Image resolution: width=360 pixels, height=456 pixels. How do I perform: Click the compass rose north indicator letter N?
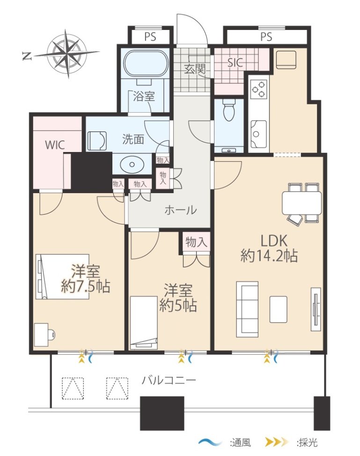click(27, 56)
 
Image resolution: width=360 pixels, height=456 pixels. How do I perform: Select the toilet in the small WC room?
click(228, 109)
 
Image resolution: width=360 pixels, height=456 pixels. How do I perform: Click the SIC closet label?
click(235, 63)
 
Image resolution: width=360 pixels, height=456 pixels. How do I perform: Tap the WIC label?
click(55, 145)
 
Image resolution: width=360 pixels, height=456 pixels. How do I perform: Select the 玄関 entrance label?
click(195, 69)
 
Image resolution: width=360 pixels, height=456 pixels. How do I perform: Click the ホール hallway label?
click(180, 210)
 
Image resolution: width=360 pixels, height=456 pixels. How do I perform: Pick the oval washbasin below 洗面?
click(132, 164)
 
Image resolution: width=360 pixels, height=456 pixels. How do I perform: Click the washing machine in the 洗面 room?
click(97, 141)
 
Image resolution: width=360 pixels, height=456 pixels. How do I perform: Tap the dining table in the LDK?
click(302, 203)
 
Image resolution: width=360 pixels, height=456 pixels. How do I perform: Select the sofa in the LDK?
click(247, 309)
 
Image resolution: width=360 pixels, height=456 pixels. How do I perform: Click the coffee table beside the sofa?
click(278, 310)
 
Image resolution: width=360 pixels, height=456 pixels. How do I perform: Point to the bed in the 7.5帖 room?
click(62, 276)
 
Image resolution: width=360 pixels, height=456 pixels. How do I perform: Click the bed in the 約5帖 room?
click(144, 323)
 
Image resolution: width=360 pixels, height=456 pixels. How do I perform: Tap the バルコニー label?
click(169, 380)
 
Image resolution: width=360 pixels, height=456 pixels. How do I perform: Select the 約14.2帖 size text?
click(269, 256)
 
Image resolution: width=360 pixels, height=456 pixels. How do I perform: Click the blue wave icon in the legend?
click(210, 442)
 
